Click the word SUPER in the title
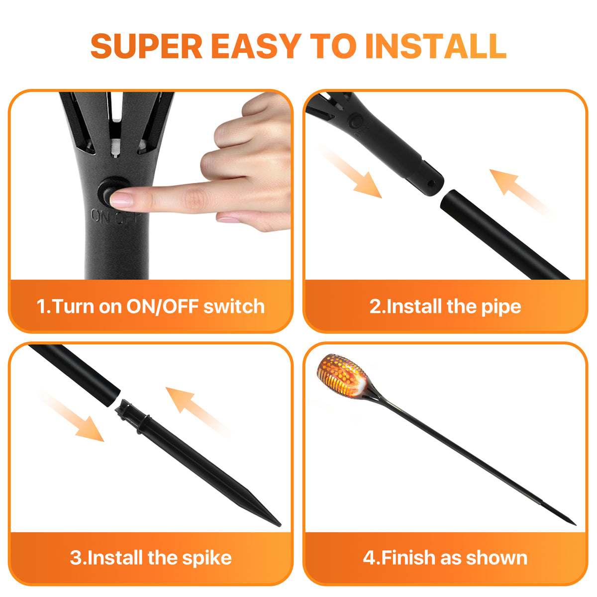(147, 46)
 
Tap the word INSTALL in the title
(436, 46)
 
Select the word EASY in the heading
(256, 46)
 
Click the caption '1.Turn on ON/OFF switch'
(151, 306)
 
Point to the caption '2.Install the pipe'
(445, 307)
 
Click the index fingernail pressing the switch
(121, 199)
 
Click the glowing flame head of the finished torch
(342, 376)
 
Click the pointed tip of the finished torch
(575, 525)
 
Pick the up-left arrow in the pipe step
(521, 193)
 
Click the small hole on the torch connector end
(431, 184)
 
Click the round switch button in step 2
(357, 121)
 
